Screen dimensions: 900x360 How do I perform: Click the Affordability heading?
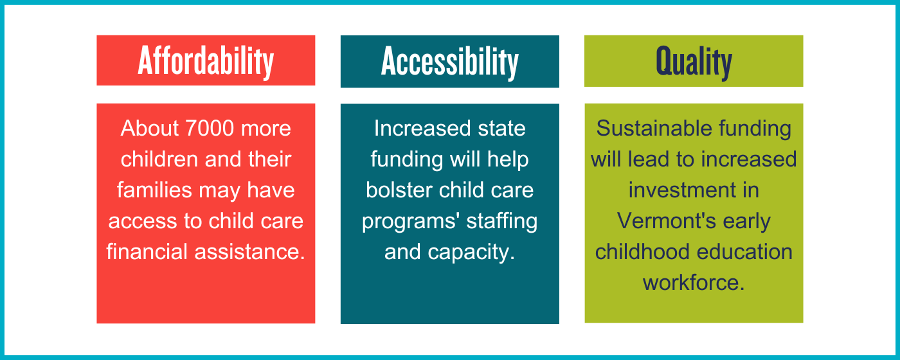coord(206,61)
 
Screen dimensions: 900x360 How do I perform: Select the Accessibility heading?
coord(450,62)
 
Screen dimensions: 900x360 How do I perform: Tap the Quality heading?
coord(694,62)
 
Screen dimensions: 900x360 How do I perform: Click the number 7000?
coord(210,128)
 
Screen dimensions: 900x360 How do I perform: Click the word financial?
coord(147,251)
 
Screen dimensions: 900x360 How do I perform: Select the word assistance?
coord(250,252)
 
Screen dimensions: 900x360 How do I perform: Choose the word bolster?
coord(399,190)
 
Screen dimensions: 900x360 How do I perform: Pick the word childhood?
coord(642,252)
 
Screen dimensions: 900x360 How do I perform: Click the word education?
coord(744,252)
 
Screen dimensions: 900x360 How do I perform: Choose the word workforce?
coord(694,282)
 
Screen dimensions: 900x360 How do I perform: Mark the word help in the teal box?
coord(508,160)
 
